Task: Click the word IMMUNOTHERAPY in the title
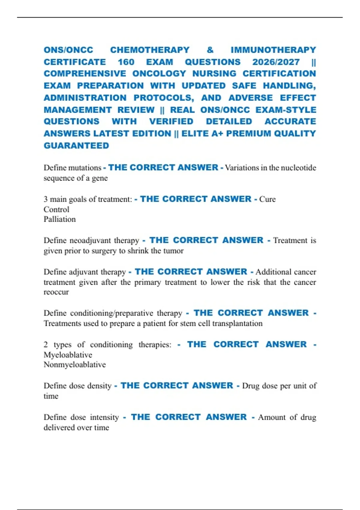click(x=273, y=50)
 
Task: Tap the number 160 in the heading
click(x=126, y=62)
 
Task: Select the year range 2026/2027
click(x=276, y=62)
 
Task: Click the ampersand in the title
click(x=210, y=50)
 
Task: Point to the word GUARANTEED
click(x=76, y=146)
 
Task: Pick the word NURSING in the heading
click(x=214, y=74)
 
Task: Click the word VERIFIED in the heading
click(x=171, y=121)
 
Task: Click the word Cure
click(x=267, y=199)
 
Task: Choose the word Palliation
click(x=60, y=219)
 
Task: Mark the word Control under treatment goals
click(x=56, y=209)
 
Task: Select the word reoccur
click(x=56, y=292)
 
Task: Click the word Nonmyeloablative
click(x=75, y=364)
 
